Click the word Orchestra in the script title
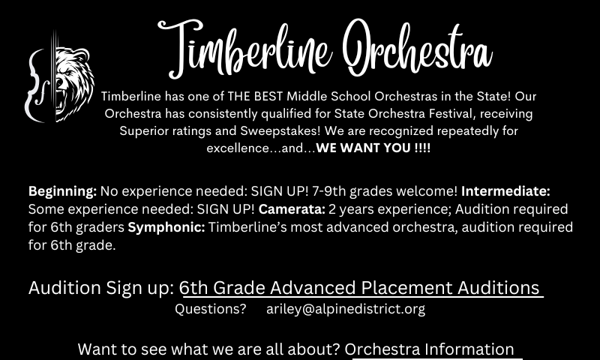[418, 47]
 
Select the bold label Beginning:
[63, 191]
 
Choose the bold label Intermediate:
[505, 190]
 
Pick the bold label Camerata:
[292, 209]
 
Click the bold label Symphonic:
[166, 227]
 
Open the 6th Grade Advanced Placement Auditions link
[361, 288]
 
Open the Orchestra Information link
[429, 349]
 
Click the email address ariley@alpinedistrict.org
[346, 309]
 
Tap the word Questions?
[211, 309]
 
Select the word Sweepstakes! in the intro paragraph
[280, 130]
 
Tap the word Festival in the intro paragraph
[452, 113]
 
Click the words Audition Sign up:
[101, 288]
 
